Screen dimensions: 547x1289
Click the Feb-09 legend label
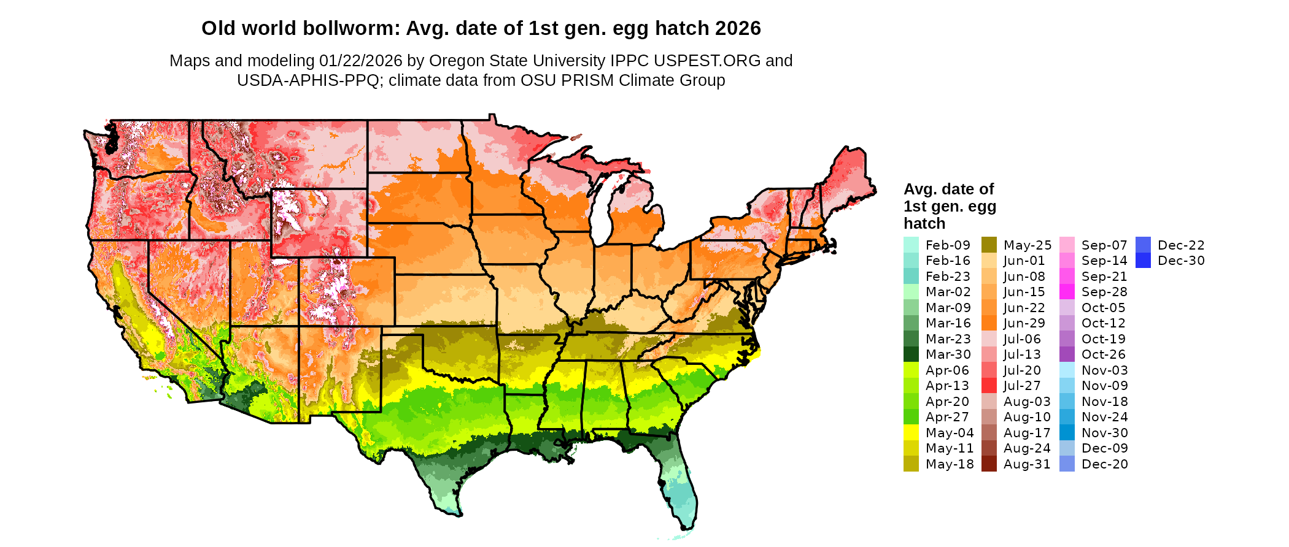click(x=948, y=245)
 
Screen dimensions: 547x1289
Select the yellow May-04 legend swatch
click(x=911, y=433)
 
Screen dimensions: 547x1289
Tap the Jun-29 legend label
click(x=1024, y=323)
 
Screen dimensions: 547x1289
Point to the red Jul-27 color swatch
click(x=989, y=386)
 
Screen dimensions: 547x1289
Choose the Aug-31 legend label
click(x=1026, y=464)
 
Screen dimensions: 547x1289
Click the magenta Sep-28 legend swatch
click(x=1067, y=292)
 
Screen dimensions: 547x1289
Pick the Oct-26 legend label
click(x=1103, y=354)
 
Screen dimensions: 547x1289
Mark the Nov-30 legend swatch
click(x=1067, y=433)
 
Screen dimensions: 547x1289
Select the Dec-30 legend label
click(x=1180, y=261)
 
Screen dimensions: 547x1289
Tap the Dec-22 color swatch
click(x=1143, y=245)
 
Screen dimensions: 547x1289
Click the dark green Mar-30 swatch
click(x=911, y=354)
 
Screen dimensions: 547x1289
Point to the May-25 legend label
click(x=1027, y=245)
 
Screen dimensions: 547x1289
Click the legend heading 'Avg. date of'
click(x=948, y=189)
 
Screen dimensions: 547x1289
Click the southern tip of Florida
click(x=687, y=527)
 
